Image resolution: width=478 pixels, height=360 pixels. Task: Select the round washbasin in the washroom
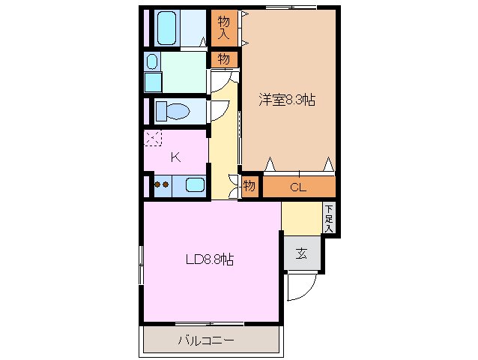[153, 62]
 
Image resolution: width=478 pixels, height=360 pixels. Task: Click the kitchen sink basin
[195, 185]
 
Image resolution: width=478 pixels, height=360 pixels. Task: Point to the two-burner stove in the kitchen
[162, 184]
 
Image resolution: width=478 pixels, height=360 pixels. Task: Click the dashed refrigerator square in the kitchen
[153, 138]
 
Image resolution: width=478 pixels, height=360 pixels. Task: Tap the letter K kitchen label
[175, 157]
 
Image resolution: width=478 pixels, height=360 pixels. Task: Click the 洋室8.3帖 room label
[287, 100]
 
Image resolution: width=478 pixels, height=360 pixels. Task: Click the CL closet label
[297, 187]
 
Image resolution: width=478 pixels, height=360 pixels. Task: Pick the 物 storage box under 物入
[223, 58]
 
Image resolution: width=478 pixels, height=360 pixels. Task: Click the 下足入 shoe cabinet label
[329, 219]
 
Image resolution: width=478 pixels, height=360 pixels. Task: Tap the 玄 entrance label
[301, 253]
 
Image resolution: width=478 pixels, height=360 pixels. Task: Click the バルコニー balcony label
[206, 341]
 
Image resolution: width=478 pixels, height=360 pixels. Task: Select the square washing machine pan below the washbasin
[153, 81]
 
